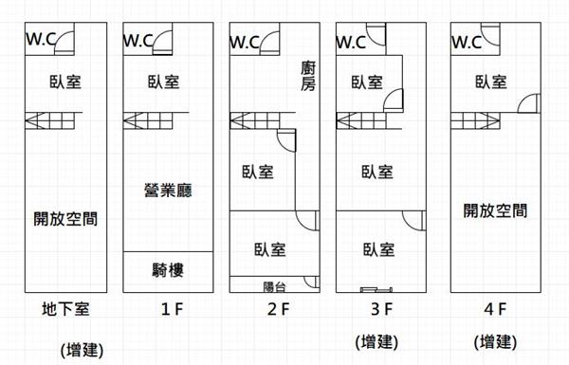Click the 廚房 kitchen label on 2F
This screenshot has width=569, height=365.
tap(308, 76)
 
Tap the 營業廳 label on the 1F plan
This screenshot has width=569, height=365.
tap(168, 191)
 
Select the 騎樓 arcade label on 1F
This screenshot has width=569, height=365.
tap(168, 270)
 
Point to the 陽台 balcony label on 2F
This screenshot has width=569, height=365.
tap(274, 287)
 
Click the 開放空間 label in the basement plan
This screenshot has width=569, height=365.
tap(65, 219)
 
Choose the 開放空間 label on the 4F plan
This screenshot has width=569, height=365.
tap(495, 210)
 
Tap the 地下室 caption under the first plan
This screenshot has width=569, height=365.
tap(65, 309)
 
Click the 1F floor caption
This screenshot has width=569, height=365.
tap(172, 309)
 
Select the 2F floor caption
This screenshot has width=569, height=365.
tap(278, 309)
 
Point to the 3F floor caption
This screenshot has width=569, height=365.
tap(382, 309)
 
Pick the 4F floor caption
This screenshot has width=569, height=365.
tap(495, 309)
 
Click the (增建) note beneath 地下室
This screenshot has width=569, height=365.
tap(82, 350)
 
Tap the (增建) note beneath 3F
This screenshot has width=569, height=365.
tap(376, 342)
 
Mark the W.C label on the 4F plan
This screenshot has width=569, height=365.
tap(467, 42)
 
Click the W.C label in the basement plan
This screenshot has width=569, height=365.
tap(41, 39)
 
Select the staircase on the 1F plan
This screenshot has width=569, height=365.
tap(148, 120)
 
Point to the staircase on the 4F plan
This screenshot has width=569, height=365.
tap(475, 120)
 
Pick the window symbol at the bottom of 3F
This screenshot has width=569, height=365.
tap(376, 289)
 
